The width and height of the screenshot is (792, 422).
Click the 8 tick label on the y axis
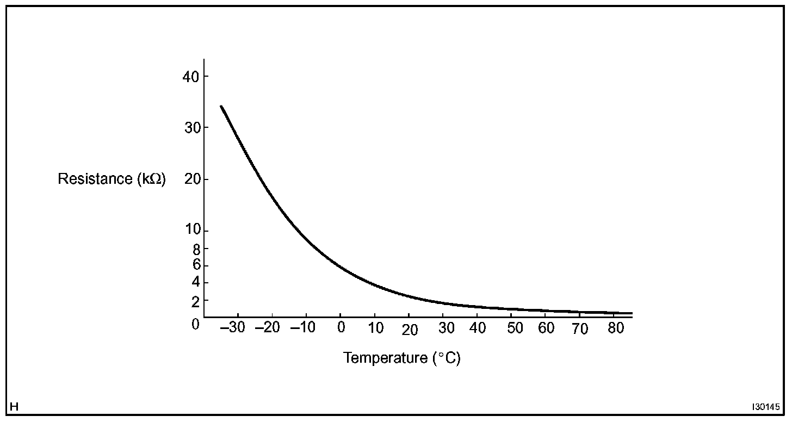(x=196, y=249)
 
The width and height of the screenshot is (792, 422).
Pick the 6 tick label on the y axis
(x=196, y=265)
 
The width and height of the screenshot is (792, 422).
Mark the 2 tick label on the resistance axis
(x=196, y=300)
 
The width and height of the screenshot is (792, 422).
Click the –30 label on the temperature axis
(x=234, y=328)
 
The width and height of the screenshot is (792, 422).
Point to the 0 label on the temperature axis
(x=341, y=328)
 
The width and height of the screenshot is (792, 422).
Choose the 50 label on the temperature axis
(x=515, y=328)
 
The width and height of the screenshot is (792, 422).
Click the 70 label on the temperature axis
(x=580, y=330)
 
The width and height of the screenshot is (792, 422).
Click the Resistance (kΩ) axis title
(x=112, y=179)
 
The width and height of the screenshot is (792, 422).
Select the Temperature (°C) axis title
(x=402, y=358)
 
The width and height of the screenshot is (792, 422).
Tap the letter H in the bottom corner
(x=14, y=407)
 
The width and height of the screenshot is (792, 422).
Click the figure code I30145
(x=766, y=407)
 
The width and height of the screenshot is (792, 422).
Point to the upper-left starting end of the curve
(x=221, y=107)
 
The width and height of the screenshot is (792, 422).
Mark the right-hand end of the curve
(x=631, y=313)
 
